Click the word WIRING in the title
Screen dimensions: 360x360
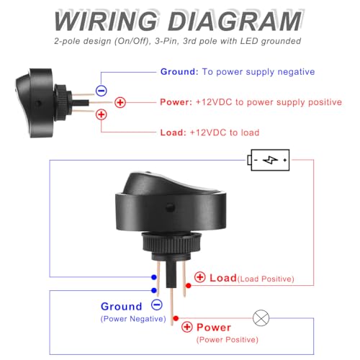pos(106,21)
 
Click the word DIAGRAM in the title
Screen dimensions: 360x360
pos(235,21)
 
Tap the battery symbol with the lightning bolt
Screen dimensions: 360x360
pos(269,160)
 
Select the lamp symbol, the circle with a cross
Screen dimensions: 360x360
pos(261,318)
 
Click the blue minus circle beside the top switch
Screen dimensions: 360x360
pos(102,91)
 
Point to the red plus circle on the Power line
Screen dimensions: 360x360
pos(120,102)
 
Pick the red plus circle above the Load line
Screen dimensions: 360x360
pos(102,114)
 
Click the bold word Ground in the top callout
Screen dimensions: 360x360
pos(179,72)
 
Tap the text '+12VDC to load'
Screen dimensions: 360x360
pos(225,132)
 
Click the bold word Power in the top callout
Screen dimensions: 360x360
pos(176,102)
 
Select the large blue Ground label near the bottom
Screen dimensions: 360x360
pos(122,307)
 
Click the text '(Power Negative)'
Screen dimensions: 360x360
pos(133,319)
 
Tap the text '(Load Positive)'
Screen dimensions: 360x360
pos(266,279)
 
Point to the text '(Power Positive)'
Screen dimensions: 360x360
pos(228,340)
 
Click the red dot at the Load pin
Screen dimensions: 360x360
pos(189,286)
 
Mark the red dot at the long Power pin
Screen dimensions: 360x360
pos(176,318)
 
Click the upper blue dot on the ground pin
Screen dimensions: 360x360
pos(154,277)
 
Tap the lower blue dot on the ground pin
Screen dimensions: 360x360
pos(154,290)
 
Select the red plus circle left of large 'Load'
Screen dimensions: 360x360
pos(199,277)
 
